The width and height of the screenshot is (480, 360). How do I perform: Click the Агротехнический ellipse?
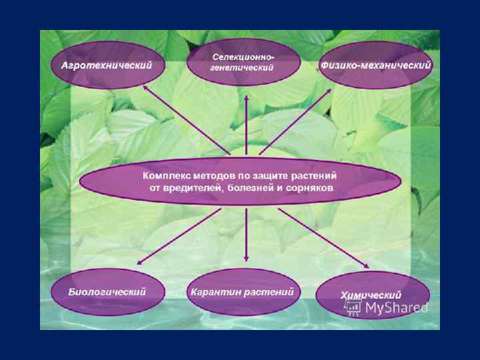(107, 65)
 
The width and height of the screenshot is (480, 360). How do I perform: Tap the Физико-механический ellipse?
(376, 65)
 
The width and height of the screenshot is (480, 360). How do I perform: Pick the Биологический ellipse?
(107, 293)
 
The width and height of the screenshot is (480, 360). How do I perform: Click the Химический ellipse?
(371, 295)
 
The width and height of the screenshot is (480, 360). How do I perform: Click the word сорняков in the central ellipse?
(311, 188)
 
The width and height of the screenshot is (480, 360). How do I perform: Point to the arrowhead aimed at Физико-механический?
(329, 90)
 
